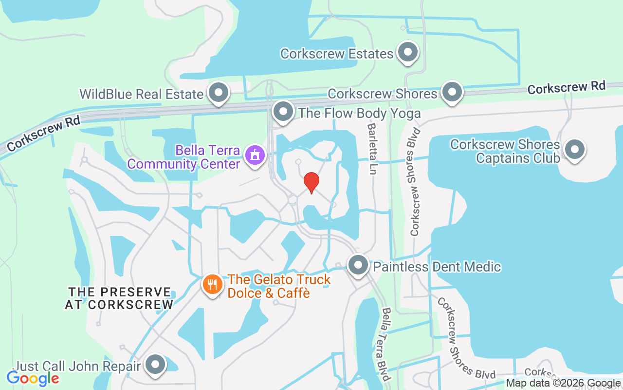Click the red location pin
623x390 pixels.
(x=311, y=182)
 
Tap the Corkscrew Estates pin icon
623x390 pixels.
(x=408, y=52)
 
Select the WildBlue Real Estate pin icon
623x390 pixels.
(x=218, y=92)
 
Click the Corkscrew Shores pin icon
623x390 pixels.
(x=452, y=91)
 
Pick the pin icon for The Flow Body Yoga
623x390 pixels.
(x=283, y=112)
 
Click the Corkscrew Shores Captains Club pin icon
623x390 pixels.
(x=575, y=150)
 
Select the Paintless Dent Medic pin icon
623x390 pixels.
(x=359, y=266)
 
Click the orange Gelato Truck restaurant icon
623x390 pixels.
(x=212, y=284)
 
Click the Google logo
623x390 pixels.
(x=33, y=378)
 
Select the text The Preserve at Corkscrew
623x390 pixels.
(x=119, y=298)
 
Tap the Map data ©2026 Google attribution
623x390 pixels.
(x=564, y=383)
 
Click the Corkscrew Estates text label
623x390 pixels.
(x=337, y=54)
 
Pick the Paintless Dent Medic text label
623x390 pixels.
(x=437, y=267)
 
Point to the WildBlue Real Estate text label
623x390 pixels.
(x=141, y=94)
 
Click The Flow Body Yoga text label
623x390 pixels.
(x=360, y=114)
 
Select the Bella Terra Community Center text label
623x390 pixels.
(x=184, y=157)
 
